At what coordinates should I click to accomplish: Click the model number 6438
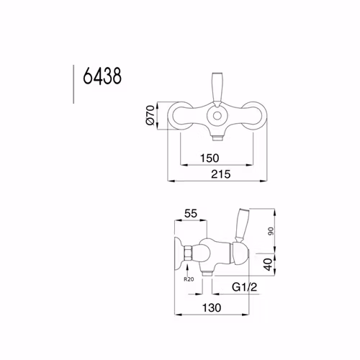(102, 76)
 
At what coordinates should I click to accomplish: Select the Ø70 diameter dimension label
(150, 114)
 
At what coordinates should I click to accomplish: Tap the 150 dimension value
(210, 158)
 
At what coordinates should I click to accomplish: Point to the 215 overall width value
(220, 174)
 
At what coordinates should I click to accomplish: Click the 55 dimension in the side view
(191, 213)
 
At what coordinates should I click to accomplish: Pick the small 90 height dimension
(271, 231)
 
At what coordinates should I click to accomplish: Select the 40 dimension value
(269, 264)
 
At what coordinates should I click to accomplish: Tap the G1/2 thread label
(244, 287)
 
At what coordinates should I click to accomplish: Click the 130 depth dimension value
(212, 307)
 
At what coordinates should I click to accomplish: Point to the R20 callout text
(189, 279)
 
